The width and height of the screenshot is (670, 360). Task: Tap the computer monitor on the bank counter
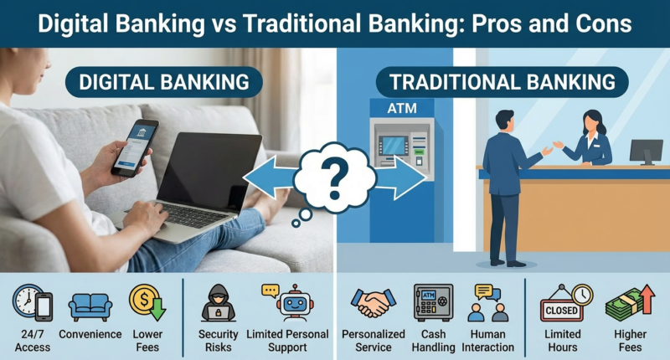coord(646,151)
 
